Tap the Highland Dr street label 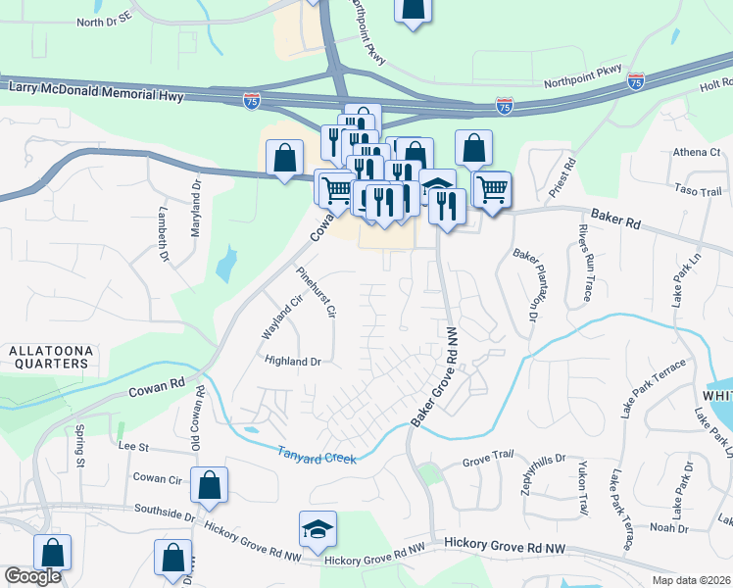293,361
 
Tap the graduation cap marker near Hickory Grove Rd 318,529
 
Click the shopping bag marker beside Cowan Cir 210,484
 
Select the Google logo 32,576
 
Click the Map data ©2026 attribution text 690,580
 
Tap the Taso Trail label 697,191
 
